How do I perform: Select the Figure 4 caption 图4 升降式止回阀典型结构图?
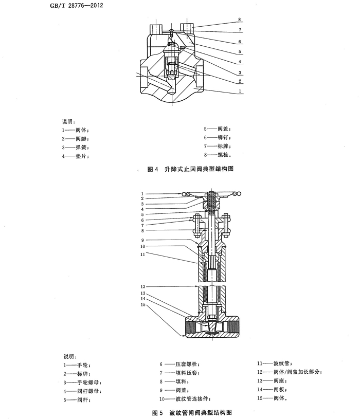190,169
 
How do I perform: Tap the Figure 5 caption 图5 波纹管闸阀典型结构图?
193,412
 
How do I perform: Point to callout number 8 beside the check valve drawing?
239,20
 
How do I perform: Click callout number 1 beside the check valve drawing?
239,90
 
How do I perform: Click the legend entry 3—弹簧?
75,147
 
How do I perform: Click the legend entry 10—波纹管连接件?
181,398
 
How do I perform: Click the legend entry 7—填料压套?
177,372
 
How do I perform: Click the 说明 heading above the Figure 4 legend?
69,122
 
